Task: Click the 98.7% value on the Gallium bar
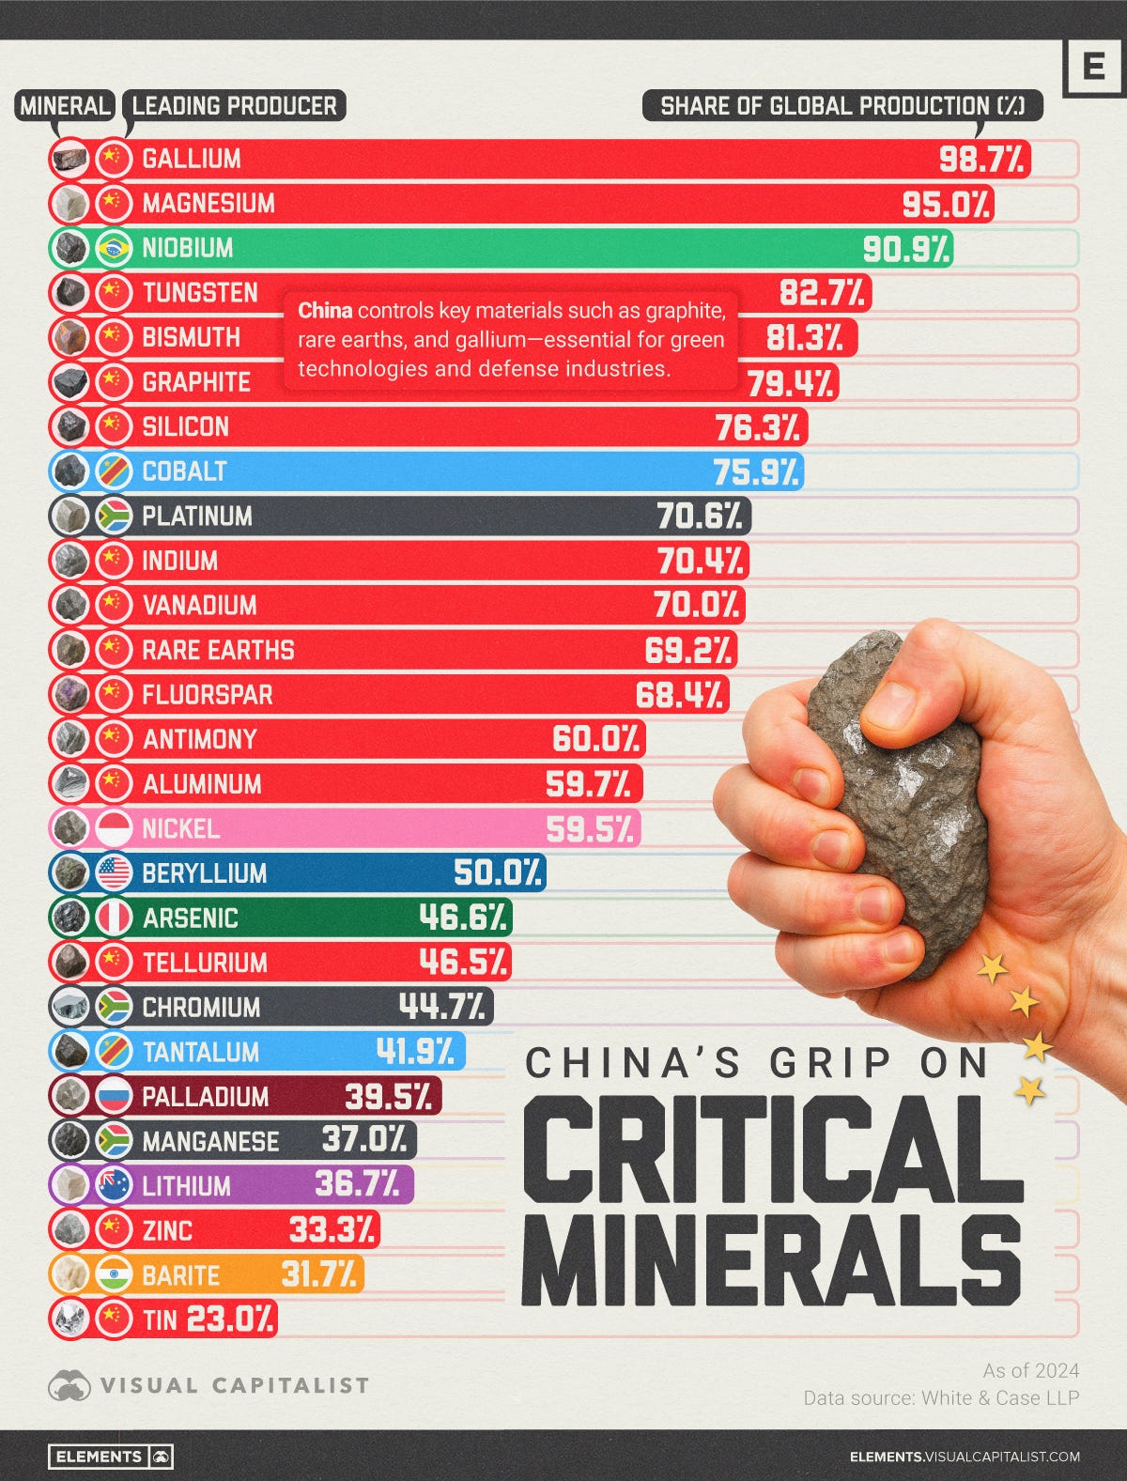[x=981, y=159]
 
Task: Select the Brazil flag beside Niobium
[x=114, y=248]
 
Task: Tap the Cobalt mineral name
[x=184, y=471]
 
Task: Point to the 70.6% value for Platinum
[x=700, y=516]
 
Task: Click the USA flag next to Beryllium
[x=114, y=873]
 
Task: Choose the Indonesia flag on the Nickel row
[x=114, y=828]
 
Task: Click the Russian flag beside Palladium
[x=114, y=1096]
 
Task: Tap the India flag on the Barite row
[x=114, y=1274]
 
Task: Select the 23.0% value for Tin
[x=230, y=1319]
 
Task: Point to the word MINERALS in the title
[x=772, y=1255]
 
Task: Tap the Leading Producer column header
[x=234, y=105]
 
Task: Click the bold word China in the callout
[x=325, y=311]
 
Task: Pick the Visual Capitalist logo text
[x=234, y=1385]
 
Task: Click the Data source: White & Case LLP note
[x=940, y=1397]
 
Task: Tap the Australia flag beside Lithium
[x=114, y=1185]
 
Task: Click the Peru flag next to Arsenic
[x=114, y=918]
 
